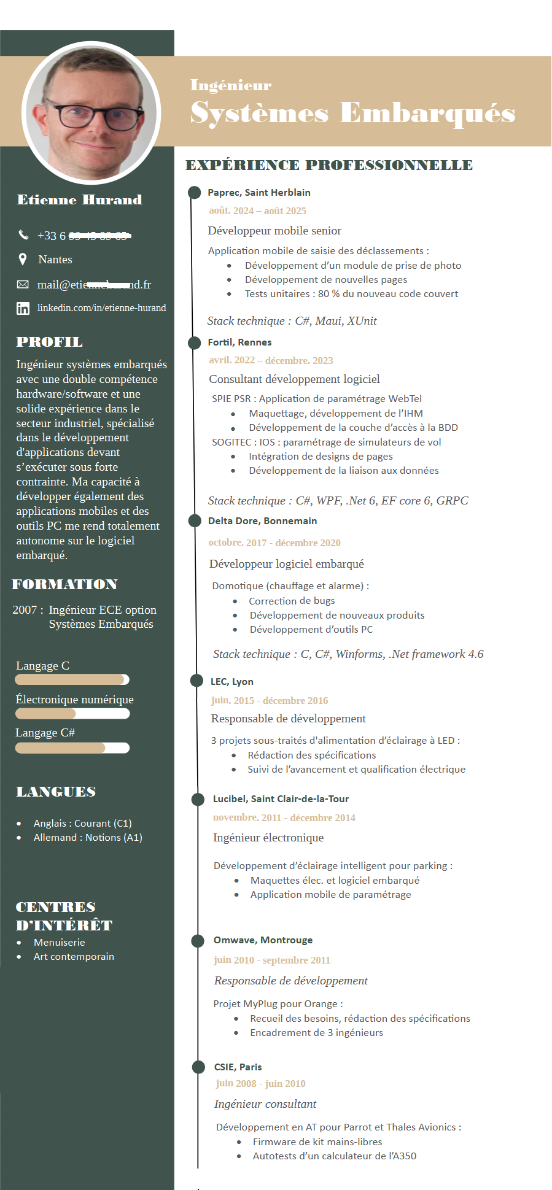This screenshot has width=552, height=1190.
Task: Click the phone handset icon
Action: (23, 234)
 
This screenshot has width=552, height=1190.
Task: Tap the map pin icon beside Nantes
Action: (23, 260)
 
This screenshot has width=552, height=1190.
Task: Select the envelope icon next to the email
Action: (23, 284)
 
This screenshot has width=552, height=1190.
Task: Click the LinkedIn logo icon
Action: (23, 308)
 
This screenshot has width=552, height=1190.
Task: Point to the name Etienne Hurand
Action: (80, 200)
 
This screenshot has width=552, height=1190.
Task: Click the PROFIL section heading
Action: (49, 342)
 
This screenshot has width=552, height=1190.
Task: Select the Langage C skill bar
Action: (72, 679)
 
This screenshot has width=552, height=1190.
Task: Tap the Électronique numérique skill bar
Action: (72, 713)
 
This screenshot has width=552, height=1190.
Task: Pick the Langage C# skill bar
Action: (72, 748)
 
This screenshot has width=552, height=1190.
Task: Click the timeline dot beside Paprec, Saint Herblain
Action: (195, 193)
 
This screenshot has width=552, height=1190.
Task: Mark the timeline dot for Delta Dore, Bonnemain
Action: (195, 521)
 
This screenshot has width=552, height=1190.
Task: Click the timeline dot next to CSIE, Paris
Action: (198, 1067)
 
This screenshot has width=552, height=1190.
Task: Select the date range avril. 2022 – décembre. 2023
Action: (271, 360)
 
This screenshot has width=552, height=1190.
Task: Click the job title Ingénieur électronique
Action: (268, 838)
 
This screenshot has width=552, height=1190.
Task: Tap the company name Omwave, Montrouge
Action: (263, 940)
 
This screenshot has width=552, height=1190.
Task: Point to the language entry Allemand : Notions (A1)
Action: (88, 838)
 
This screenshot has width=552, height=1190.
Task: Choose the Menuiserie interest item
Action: (60, 943)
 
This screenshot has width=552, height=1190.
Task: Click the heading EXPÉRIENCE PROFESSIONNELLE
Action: (329, 165)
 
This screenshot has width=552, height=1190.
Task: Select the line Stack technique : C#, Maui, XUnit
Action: (292, 321)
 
